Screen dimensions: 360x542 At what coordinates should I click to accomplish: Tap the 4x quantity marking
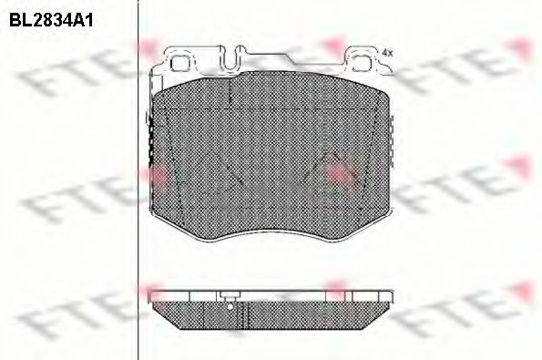[x=387, y=53]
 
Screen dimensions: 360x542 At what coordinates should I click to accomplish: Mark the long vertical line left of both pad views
[x=137, y=182]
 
